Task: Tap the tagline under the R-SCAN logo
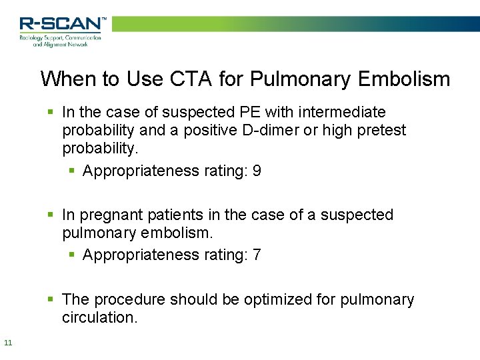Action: [60, 40]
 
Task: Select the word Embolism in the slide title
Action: [404, 79]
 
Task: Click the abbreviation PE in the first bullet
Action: [250, 112]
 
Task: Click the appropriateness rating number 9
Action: [257, 171]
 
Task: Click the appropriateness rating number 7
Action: [257, 255]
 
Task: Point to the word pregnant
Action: [110, 215]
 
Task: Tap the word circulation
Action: [99, 318]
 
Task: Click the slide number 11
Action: [8, 343]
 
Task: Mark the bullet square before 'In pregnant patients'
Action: [51, 215]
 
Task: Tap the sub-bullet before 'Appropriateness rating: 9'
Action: [72, 171]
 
